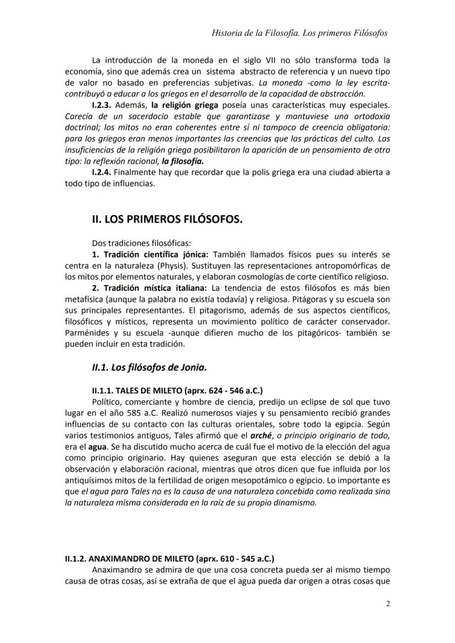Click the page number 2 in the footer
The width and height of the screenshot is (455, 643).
(388, 605)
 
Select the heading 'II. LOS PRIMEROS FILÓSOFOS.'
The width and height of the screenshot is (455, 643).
(167, 219)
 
